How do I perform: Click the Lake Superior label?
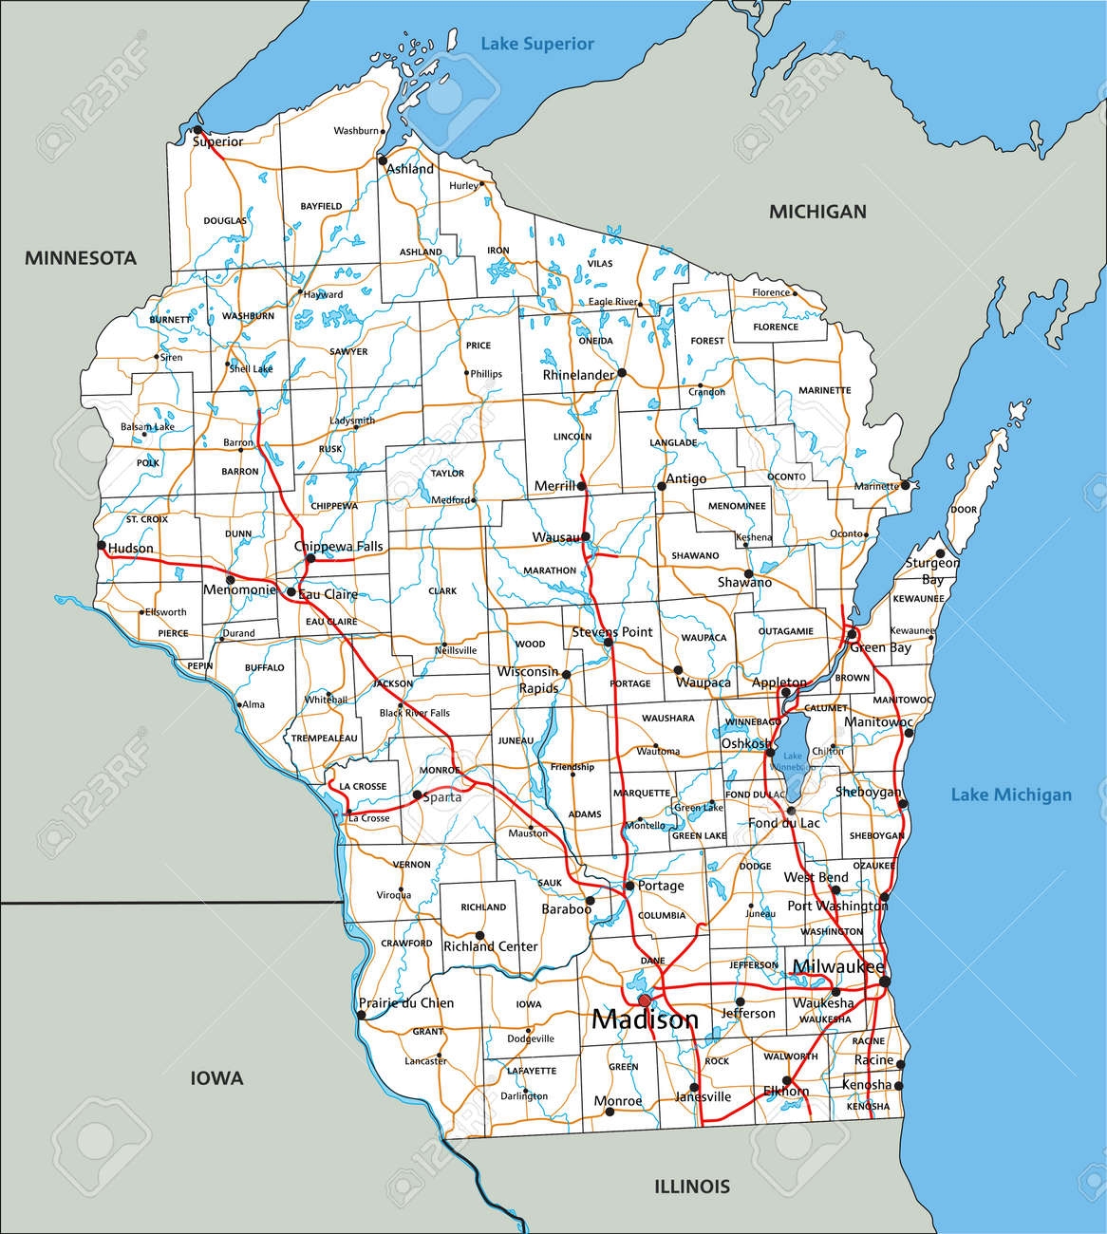tap(536, 44)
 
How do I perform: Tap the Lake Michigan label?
tap(1011, 795)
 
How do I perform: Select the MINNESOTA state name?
tap(81, 258)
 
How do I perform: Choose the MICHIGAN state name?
tap(817, 212)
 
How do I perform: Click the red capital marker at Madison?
tap(645, 1000)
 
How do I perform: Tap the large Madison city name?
tap(645, 1020)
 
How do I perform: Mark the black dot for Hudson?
tap(101, 546)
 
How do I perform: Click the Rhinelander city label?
tap(578, 375)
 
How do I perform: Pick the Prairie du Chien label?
tap(405, 1003)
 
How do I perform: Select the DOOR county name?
tap(964, 510)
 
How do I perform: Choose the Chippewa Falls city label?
tap(338, 547)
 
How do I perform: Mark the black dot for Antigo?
tap(662, 486)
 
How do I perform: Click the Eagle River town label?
tap(611, 302)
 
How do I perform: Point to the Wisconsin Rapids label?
tap(529, 680)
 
